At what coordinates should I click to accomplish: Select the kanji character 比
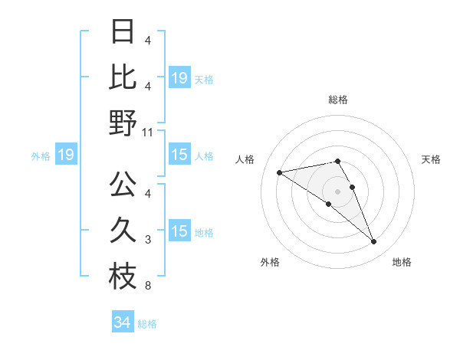[x=123, y=77]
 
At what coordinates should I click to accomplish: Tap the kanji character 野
[x=123, y=123]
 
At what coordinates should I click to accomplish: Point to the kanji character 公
[x=123, y=184]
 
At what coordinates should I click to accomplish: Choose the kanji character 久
[x=123, y=230]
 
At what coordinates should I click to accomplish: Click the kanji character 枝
[x=123, y=276]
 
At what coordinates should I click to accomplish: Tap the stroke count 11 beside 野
[x=148, y=132]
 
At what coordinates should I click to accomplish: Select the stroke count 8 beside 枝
[x=147, y=286]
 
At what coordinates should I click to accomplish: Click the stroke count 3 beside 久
[x=147, y=240]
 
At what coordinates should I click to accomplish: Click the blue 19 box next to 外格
[x=65, y=155]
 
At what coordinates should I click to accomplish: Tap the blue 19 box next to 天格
[x=179, y=77]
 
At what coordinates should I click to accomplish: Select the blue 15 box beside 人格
[x=179, y=155]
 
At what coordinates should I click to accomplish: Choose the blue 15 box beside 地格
[x=179, y=231]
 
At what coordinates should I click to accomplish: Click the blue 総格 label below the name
[x=147, y=324]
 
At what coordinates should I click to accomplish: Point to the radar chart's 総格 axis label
[x=338, y=100]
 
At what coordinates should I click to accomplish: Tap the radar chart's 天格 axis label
[x=432, y=159]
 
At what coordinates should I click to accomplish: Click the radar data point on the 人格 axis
[x=279, y=172]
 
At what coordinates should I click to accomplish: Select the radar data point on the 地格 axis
[x=373, y=242]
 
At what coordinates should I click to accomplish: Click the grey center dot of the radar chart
[x=337, y=191]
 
